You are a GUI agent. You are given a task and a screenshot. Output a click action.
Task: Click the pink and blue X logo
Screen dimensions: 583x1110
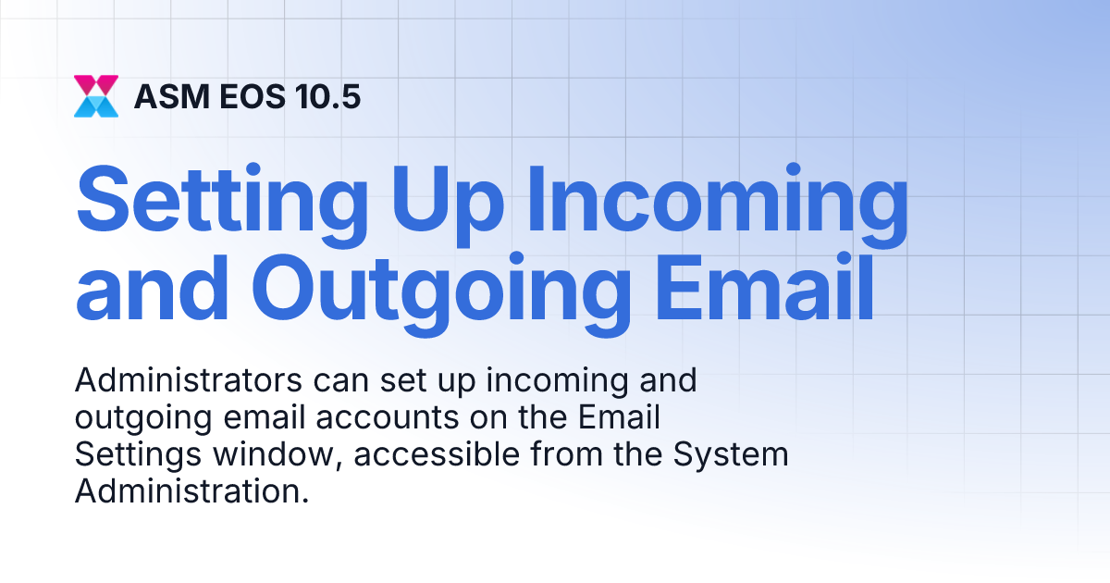(x=96, y=96)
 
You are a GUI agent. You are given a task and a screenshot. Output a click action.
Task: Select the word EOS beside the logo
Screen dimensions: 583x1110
(x=245, y=96)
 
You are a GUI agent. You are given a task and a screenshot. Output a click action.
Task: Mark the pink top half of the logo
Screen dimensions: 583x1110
(x=96, y=84)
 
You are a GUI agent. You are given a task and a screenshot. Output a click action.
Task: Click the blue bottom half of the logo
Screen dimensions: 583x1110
(x=96, y=107)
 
